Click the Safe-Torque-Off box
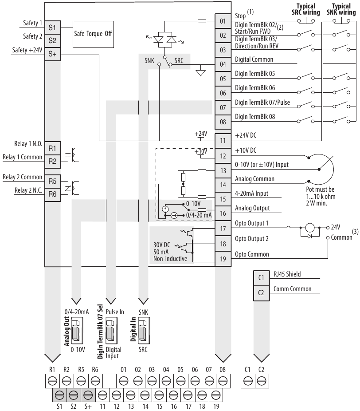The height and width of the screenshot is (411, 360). pyautogui.click(x=93, y=32)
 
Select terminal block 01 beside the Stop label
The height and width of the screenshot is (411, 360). pyautogui.click(x=223, y=21)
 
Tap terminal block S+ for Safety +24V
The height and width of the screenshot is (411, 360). pyautogui.click(x=52, y=54)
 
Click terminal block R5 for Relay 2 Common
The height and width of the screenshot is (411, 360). pyautogui.click(x=52, y=181)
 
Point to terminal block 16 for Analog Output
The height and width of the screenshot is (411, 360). pyautogui.click(x=223, y=213)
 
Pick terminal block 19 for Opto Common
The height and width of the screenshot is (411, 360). pyautogui.click(x=223, y=259)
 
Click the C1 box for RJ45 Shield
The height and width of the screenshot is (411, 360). pyautogui.click(x=261, y=278)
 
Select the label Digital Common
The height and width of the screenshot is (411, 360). pyautogui.click(x=254, y=59)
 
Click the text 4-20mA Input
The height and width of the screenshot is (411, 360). pyautogui.click(x=252, y=194)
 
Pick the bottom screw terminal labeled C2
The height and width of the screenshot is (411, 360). pyautogui.click(x=261, y=380)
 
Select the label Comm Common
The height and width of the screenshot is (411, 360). pyautogui.click(x=295, y=289)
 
